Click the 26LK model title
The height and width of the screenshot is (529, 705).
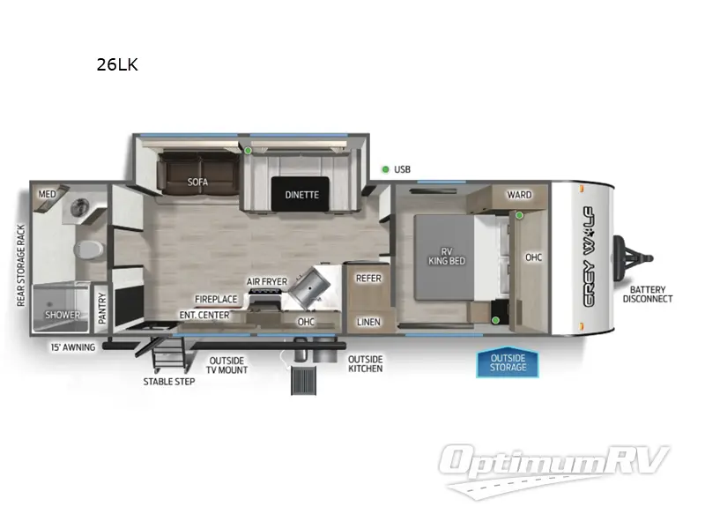coord(117,64)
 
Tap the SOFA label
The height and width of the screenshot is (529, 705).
coord(197,183)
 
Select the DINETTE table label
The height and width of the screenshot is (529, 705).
coord(301,195)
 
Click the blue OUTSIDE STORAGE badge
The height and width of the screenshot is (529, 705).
coord(508,362)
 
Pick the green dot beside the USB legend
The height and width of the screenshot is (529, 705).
coord(385,169)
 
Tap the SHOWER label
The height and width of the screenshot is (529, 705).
coord(63,315)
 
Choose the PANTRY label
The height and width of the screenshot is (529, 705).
coord(102,309)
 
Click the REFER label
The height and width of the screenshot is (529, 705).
coord(367,278)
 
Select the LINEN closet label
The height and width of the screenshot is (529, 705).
coord(368,322)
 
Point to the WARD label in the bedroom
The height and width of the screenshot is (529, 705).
coord(519,195)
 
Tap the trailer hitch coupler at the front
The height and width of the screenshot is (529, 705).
coord(638,258)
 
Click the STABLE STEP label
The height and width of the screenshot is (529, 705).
coord(169,382)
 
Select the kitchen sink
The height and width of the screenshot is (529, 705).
coord(312,284)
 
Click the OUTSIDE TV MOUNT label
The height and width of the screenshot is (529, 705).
coord(227,365)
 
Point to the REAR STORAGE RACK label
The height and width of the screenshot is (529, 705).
coord(20,265)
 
